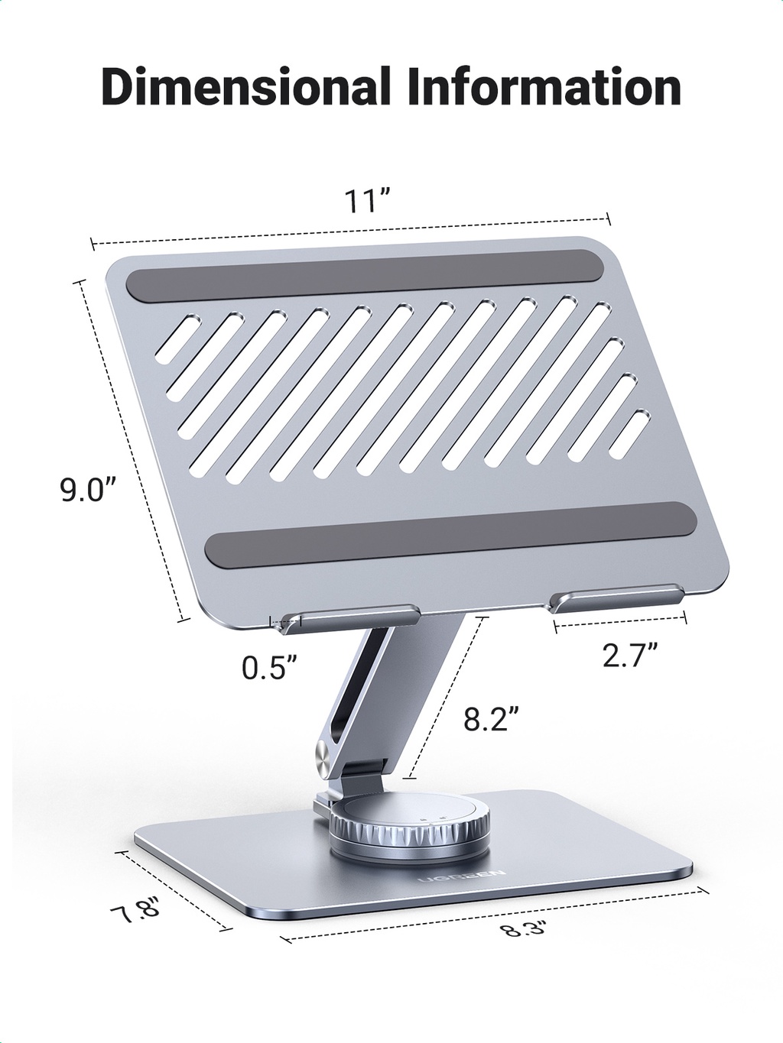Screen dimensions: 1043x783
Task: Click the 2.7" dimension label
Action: [630, 655]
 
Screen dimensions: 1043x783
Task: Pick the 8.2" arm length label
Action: [492, 719]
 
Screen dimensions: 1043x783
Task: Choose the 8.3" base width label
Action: [523, 930]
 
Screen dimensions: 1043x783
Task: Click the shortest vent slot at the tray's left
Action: [177, 338]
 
